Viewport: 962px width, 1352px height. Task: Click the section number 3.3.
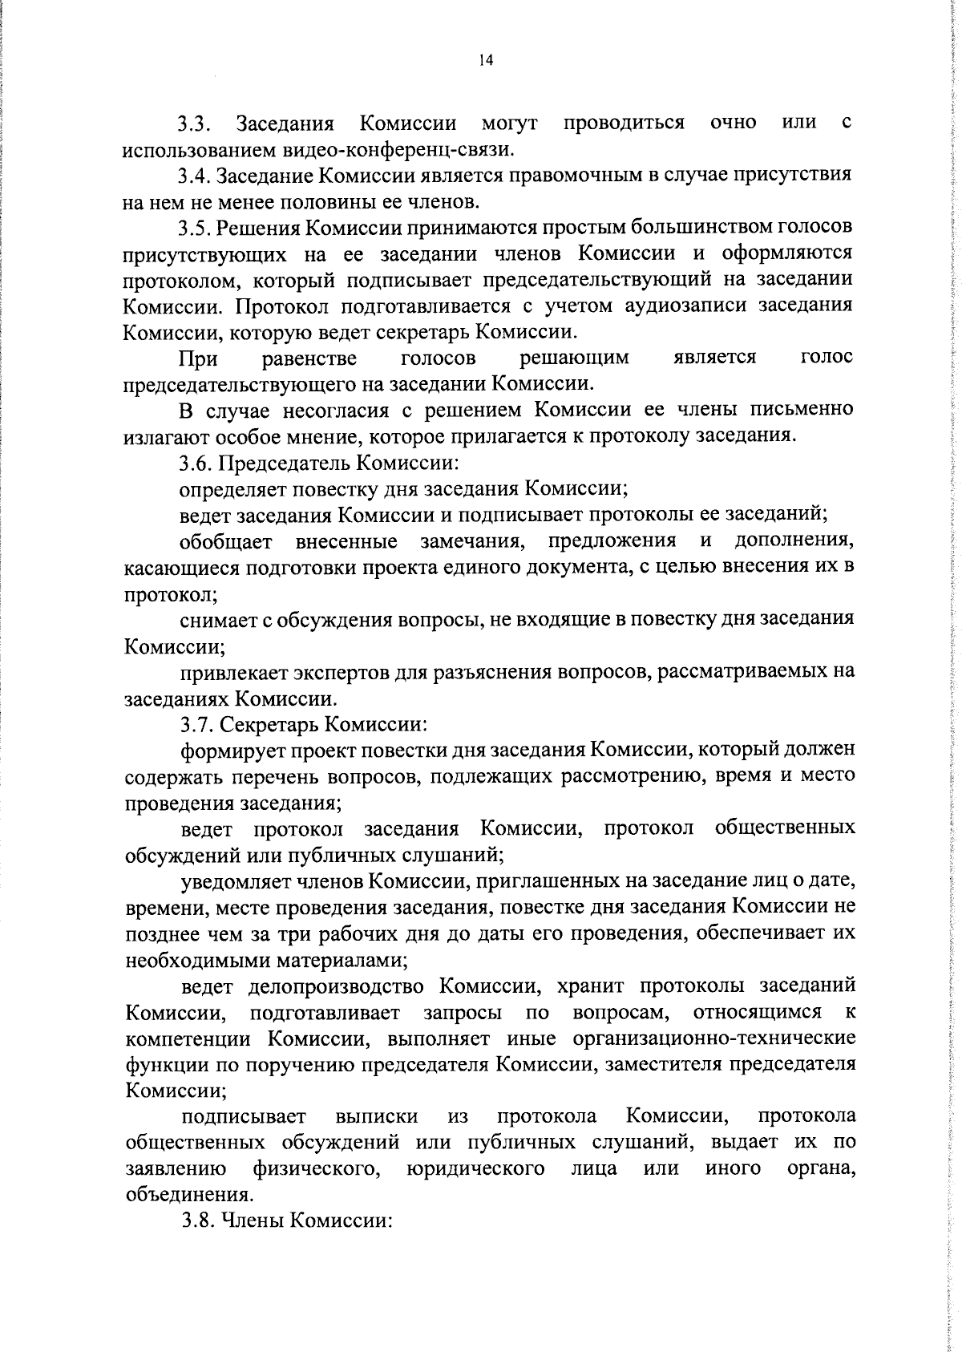[194, 124]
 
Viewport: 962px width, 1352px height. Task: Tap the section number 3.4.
[194, 176]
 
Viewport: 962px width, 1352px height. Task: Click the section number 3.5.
[194, 228]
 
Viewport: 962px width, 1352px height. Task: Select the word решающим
[574, 358]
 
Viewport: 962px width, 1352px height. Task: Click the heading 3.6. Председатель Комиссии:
[318, 463]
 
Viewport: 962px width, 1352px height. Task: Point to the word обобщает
[226, 541]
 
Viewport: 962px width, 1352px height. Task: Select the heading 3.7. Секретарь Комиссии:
[303, 724]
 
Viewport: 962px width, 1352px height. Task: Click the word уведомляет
[232, 881]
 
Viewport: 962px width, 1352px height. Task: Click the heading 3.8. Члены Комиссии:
[285, 1221]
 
